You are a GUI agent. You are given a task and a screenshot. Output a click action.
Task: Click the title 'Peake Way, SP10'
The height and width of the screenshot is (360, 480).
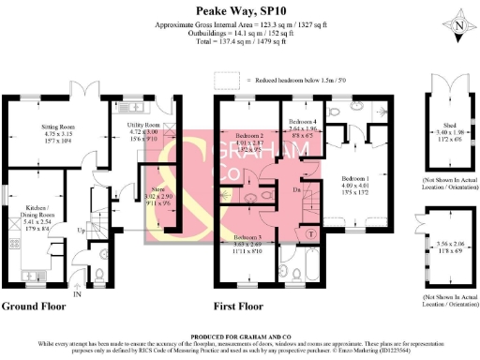point(241,11)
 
